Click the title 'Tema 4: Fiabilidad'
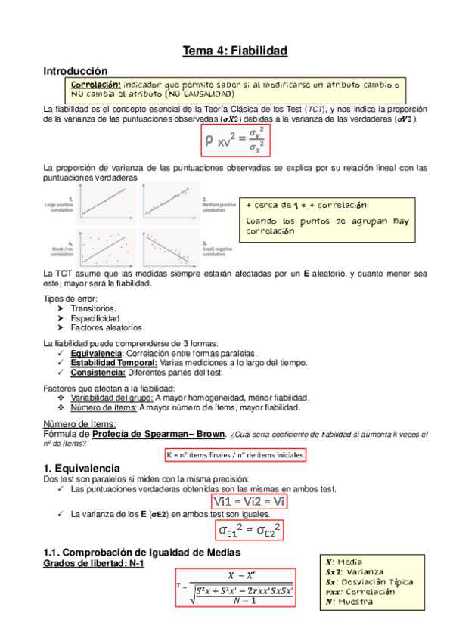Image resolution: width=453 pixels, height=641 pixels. pyautogui.click(x=235, y=51)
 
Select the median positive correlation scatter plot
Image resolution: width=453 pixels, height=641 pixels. pyautogui.click(x=170, y=200)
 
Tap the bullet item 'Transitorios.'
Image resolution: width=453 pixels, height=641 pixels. pyautogui.click(x=94, y=308)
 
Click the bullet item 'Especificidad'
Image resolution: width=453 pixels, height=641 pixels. pyautogui.click(x=95, y=318)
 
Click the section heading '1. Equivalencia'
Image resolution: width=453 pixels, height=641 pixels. pyautogui.click(x=82, y=469)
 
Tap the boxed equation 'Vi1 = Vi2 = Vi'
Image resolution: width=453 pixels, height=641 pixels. pyautogui.click(x=250, y=500)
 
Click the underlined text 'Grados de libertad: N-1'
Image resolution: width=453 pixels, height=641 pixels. pyautogui.click(x=94, y=564)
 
